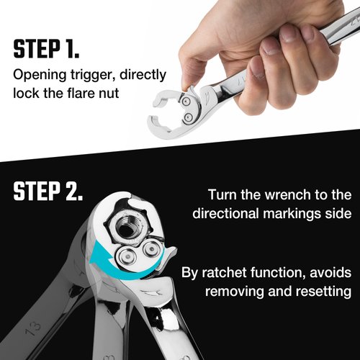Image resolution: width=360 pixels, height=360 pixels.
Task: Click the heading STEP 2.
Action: [x=48, y=192]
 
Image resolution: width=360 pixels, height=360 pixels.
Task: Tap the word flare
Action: [x=90, y=93]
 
